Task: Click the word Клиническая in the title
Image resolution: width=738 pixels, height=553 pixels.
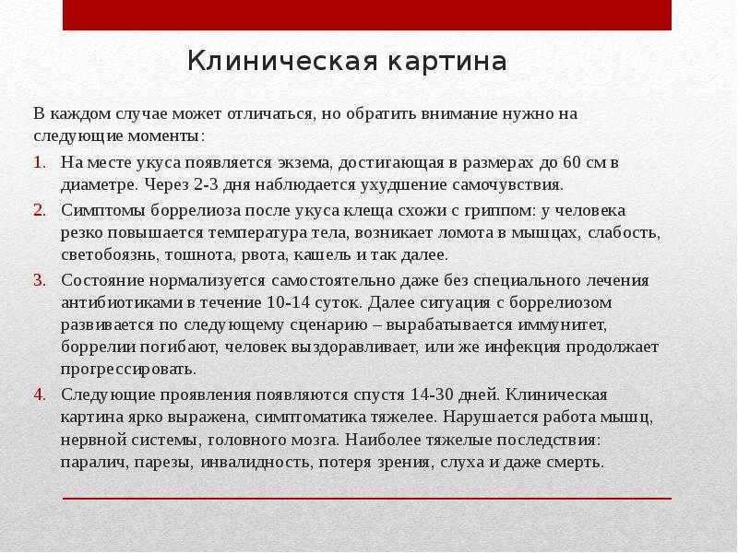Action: click(282, 61)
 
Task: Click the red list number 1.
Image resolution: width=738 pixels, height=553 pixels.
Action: click(40, 163)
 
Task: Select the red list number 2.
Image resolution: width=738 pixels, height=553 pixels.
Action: click(40, 210)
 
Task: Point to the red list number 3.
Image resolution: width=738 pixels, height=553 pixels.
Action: click(40, 281)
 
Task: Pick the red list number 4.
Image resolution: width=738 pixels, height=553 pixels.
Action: click(40, 395)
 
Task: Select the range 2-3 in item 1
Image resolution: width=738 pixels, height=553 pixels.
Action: click(206, 185)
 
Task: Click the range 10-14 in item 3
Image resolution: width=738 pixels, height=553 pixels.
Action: click(289, 302)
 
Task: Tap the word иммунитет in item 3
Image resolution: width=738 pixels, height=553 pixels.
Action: click(563, 325)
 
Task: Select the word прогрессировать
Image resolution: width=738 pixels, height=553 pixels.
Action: click(128, 370)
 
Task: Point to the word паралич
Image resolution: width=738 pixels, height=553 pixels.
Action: click(95, 464)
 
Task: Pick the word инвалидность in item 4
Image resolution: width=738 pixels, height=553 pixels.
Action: click(257, 463)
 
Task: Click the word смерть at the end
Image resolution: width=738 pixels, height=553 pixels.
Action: click(575, 464)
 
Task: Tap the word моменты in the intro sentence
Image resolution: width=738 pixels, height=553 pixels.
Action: click(167, 136)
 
